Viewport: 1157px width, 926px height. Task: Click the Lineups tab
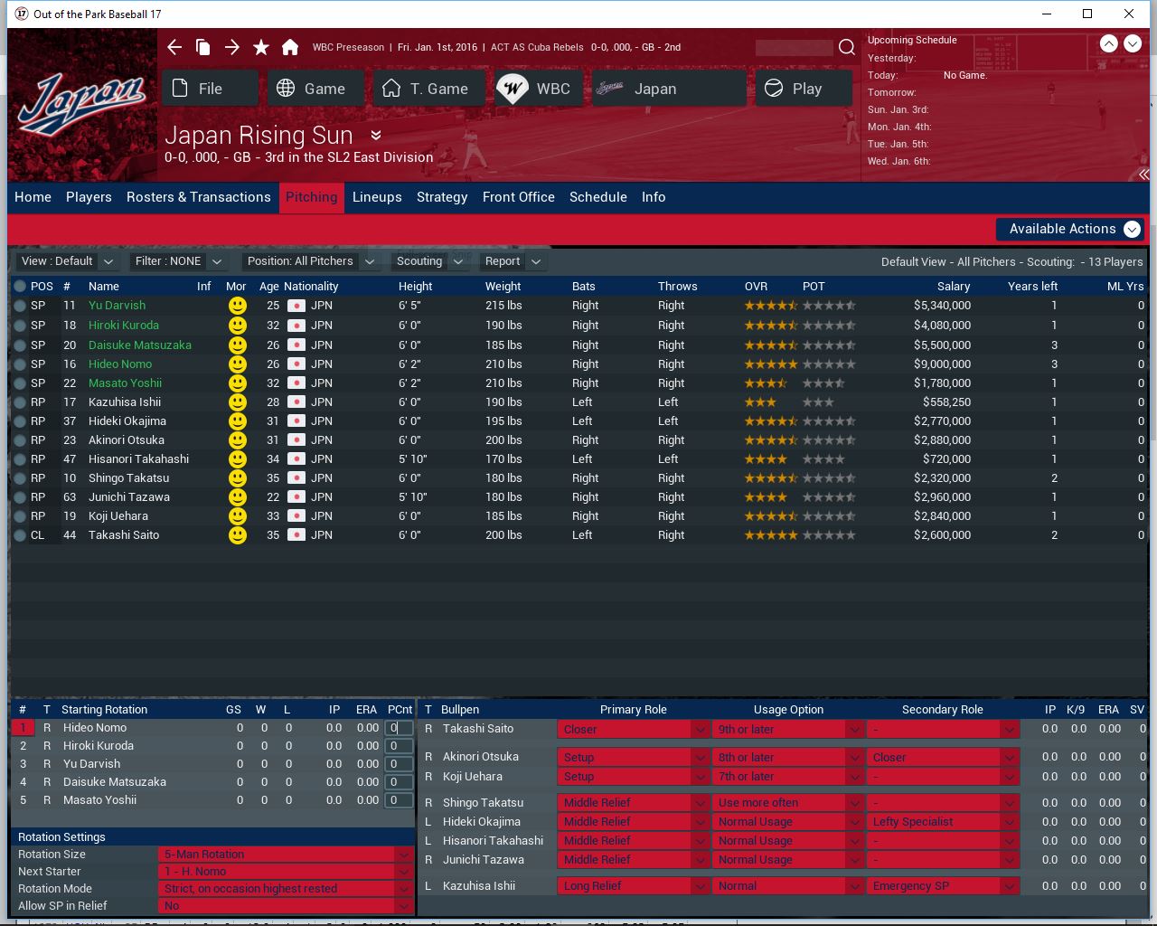coord(377,197)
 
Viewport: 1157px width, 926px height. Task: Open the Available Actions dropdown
coord(1071,229)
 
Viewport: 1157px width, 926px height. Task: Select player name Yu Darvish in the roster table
coord(117,306)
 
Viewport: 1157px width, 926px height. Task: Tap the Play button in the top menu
coord(804,89)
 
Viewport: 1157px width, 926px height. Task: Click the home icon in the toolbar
coord(290,47)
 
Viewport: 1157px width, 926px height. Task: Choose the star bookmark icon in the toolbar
coord(261,47)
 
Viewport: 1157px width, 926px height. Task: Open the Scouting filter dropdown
coord(429,261)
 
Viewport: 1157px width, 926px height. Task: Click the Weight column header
coord(503,286)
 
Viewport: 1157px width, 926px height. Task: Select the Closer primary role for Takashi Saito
coord(632,730)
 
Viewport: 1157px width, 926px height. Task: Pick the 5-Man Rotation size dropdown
coord(286,855)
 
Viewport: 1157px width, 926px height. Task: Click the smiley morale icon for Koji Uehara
coord(237,516)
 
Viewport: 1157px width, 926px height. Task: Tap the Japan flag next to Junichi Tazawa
coord(296,497)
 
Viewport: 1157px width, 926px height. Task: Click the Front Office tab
coord(519,197)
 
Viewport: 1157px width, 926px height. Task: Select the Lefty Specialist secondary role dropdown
coord(943,822)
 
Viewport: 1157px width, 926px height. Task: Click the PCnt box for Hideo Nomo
coord(399,728)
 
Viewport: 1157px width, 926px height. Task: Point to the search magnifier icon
coord(846,47)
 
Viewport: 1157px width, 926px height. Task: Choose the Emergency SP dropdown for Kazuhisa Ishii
coord(943,886)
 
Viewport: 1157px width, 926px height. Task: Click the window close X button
coord(1128,14)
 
